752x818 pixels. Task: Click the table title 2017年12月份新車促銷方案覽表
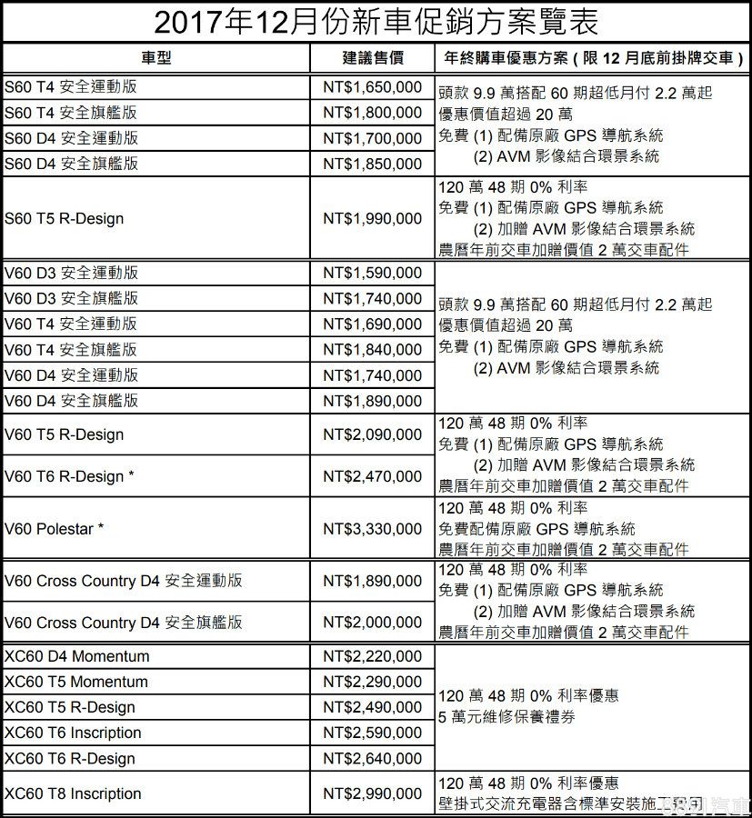coord(376,21)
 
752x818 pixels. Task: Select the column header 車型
coord(155,58)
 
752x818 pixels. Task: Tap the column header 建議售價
coord(373,58)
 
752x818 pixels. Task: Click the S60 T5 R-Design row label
coord(64,218)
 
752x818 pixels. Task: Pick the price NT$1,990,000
coord(373,218)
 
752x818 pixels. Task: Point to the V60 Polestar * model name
coord(55,528)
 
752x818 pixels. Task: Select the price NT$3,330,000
coord(373,528)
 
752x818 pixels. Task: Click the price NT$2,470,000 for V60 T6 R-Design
coord(373,475)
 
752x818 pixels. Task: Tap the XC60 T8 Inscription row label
coord(73,793)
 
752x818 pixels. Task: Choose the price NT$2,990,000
coord(373,793)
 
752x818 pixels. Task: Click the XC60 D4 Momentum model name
coord(77,656)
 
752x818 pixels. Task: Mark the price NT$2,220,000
coord(373,656)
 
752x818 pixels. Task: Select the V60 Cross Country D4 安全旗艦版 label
coord(124,623)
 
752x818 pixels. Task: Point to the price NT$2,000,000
coord(373,623)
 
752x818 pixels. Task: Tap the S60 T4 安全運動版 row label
coord(72,88)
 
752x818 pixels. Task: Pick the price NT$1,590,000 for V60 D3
coord(373,273)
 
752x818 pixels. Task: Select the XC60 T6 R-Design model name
coord(70,758)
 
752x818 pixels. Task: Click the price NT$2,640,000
coord(373,758)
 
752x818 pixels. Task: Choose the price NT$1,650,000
coord(373,88)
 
